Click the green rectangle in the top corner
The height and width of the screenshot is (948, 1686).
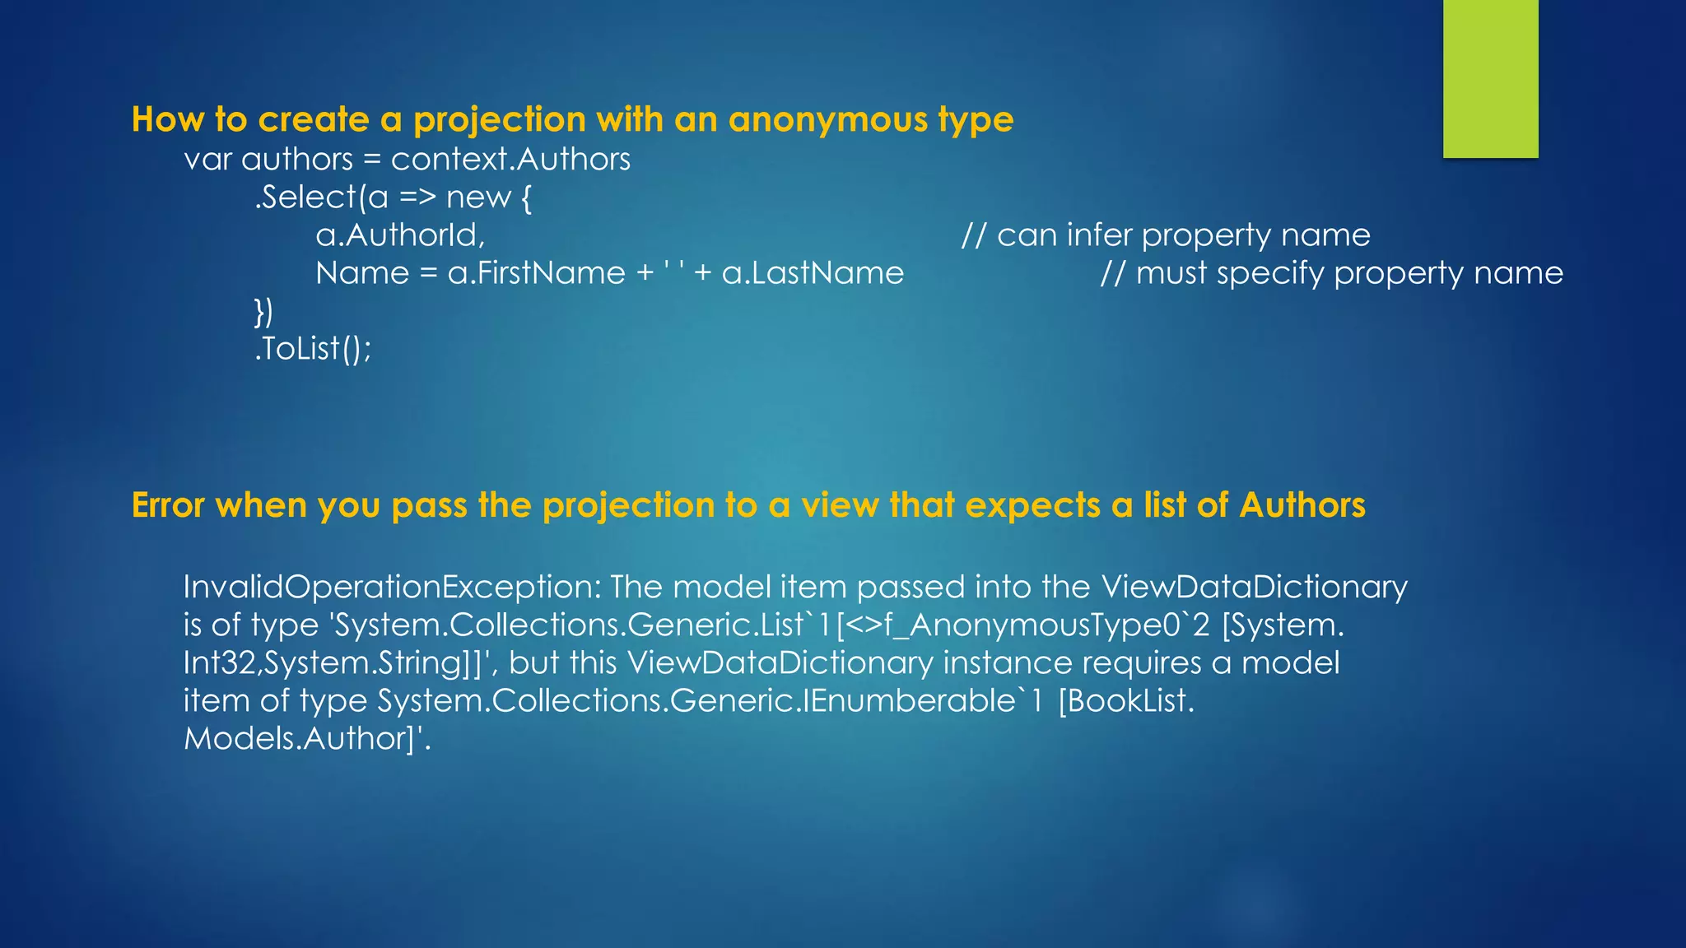click(1490, 78)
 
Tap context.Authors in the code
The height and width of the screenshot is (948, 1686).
click(510, 159)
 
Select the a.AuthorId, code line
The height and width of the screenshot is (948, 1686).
click(400, 235)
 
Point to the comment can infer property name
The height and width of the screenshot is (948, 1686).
click(1166, 235)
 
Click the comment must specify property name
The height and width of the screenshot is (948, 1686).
click(1331, 273)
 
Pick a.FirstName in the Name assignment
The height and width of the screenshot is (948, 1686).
click(536, 273)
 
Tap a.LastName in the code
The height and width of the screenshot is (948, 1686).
click(813, 273)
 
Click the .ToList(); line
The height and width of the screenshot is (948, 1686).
click(313, 349)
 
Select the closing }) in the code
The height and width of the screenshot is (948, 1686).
click(263, 312)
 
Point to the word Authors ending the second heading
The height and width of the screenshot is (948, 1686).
click(1302, 505)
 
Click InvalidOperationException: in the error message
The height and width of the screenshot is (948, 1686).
click(393, 588)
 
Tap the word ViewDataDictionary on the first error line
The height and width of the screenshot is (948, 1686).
click(1254, 588)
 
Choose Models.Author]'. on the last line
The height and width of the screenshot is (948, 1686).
click(307, 739)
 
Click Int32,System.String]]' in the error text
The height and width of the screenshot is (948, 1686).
click(338, 663)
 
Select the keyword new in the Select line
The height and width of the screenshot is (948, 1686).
click(478, 197)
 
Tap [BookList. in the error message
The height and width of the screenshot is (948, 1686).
click(1125, 701)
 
